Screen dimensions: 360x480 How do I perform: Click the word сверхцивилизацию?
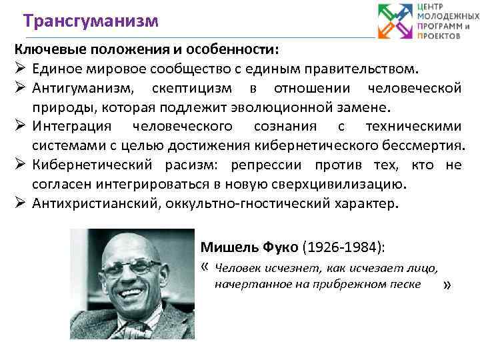pyautogui.click(x=337, y=183)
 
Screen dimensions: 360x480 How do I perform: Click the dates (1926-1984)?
pyautogui.click(x=343, y=247)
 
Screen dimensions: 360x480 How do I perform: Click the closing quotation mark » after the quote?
pyautogui.click(x=447, y=285)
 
